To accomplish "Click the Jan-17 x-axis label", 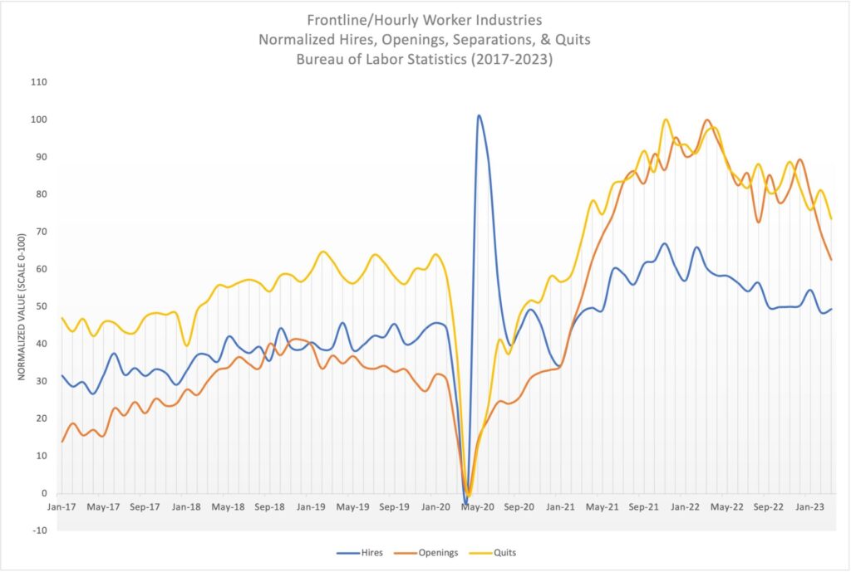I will point(61,506).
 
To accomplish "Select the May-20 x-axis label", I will point(478,506).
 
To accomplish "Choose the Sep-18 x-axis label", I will point(270,506).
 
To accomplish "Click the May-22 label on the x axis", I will point(727,506).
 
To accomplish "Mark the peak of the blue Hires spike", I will point(479,115).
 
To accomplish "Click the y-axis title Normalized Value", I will point(22,306).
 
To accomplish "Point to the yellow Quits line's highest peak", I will point(666,120).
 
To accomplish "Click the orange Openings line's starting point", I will point(62,441).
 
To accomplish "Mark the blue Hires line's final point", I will point(832,309).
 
